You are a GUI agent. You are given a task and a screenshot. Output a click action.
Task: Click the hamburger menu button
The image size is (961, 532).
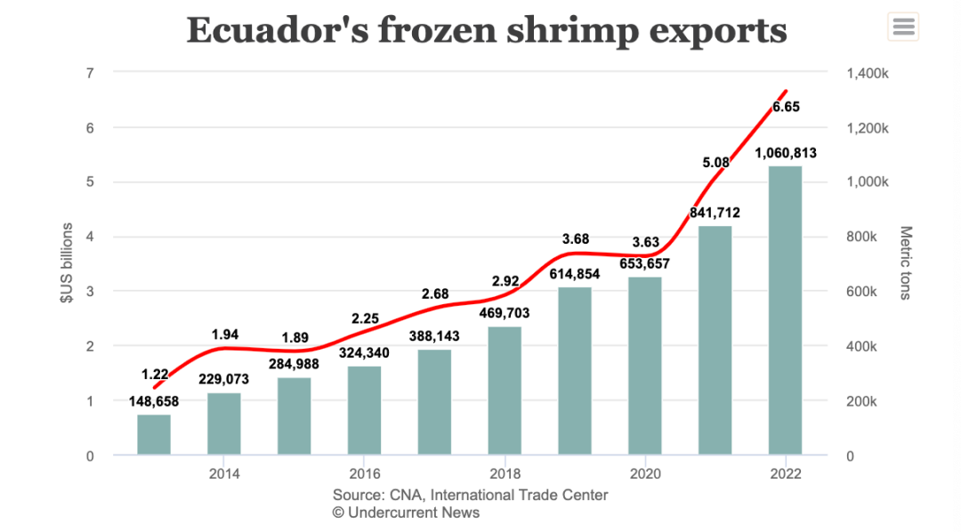(903, 27)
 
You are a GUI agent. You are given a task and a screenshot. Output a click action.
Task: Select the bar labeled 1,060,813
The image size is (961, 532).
(785, 310)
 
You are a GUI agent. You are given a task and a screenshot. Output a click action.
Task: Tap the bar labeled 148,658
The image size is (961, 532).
(154, 435)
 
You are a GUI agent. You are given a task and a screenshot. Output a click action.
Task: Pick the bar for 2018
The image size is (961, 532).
(505, 391)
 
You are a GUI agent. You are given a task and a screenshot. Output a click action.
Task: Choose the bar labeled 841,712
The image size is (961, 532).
(715, 341)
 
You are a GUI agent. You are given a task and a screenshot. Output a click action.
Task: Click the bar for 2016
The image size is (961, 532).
(364, 411)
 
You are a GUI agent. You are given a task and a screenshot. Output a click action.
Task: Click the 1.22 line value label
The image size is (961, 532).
(154, 375)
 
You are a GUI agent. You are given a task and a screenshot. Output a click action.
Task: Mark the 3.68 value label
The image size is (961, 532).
(576, 238)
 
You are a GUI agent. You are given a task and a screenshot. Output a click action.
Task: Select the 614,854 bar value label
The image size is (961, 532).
(576, 274)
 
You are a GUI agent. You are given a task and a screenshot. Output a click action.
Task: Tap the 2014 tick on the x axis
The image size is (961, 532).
(223, 474)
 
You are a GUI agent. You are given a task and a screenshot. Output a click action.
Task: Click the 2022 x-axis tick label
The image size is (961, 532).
(785, 474)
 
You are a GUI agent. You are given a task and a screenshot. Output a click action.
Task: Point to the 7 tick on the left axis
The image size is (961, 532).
(89, 73)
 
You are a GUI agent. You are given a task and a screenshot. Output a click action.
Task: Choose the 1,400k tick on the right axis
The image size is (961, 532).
(865, 73)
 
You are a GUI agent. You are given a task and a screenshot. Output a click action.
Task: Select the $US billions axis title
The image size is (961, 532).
(67, 263)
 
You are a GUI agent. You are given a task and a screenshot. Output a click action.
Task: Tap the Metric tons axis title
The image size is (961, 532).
(906, 263)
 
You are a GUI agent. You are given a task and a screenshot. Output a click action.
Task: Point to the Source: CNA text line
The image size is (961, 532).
(470, 495)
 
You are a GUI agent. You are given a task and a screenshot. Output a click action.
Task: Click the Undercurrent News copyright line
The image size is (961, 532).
(406, 512)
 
